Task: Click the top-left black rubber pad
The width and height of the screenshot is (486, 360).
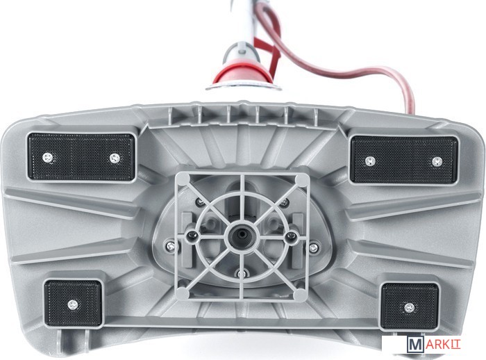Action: [x=81, y=157]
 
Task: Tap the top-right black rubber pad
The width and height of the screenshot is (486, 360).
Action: [x=404, y=160]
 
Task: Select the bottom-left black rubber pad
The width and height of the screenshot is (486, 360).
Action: [x=73, y=303]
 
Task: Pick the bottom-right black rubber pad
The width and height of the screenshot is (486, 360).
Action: [x=410, y=306]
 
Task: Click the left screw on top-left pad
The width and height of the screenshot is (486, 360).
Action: [x=47, y=157]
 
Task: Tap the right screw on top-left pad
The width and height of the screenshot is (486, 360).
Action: [x=115, y=158]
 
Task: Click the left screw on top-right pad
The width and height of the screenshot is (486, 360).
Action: [x=370, y=161]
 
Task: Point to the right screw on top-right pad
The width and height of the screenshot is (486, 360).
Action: [x=437, y=161]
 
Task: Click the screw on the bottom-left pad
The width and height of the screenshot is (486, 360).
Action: [x=73, y=305]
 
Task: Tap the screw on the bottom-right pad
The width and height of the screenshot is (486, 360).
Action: [x=410, y=308]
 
